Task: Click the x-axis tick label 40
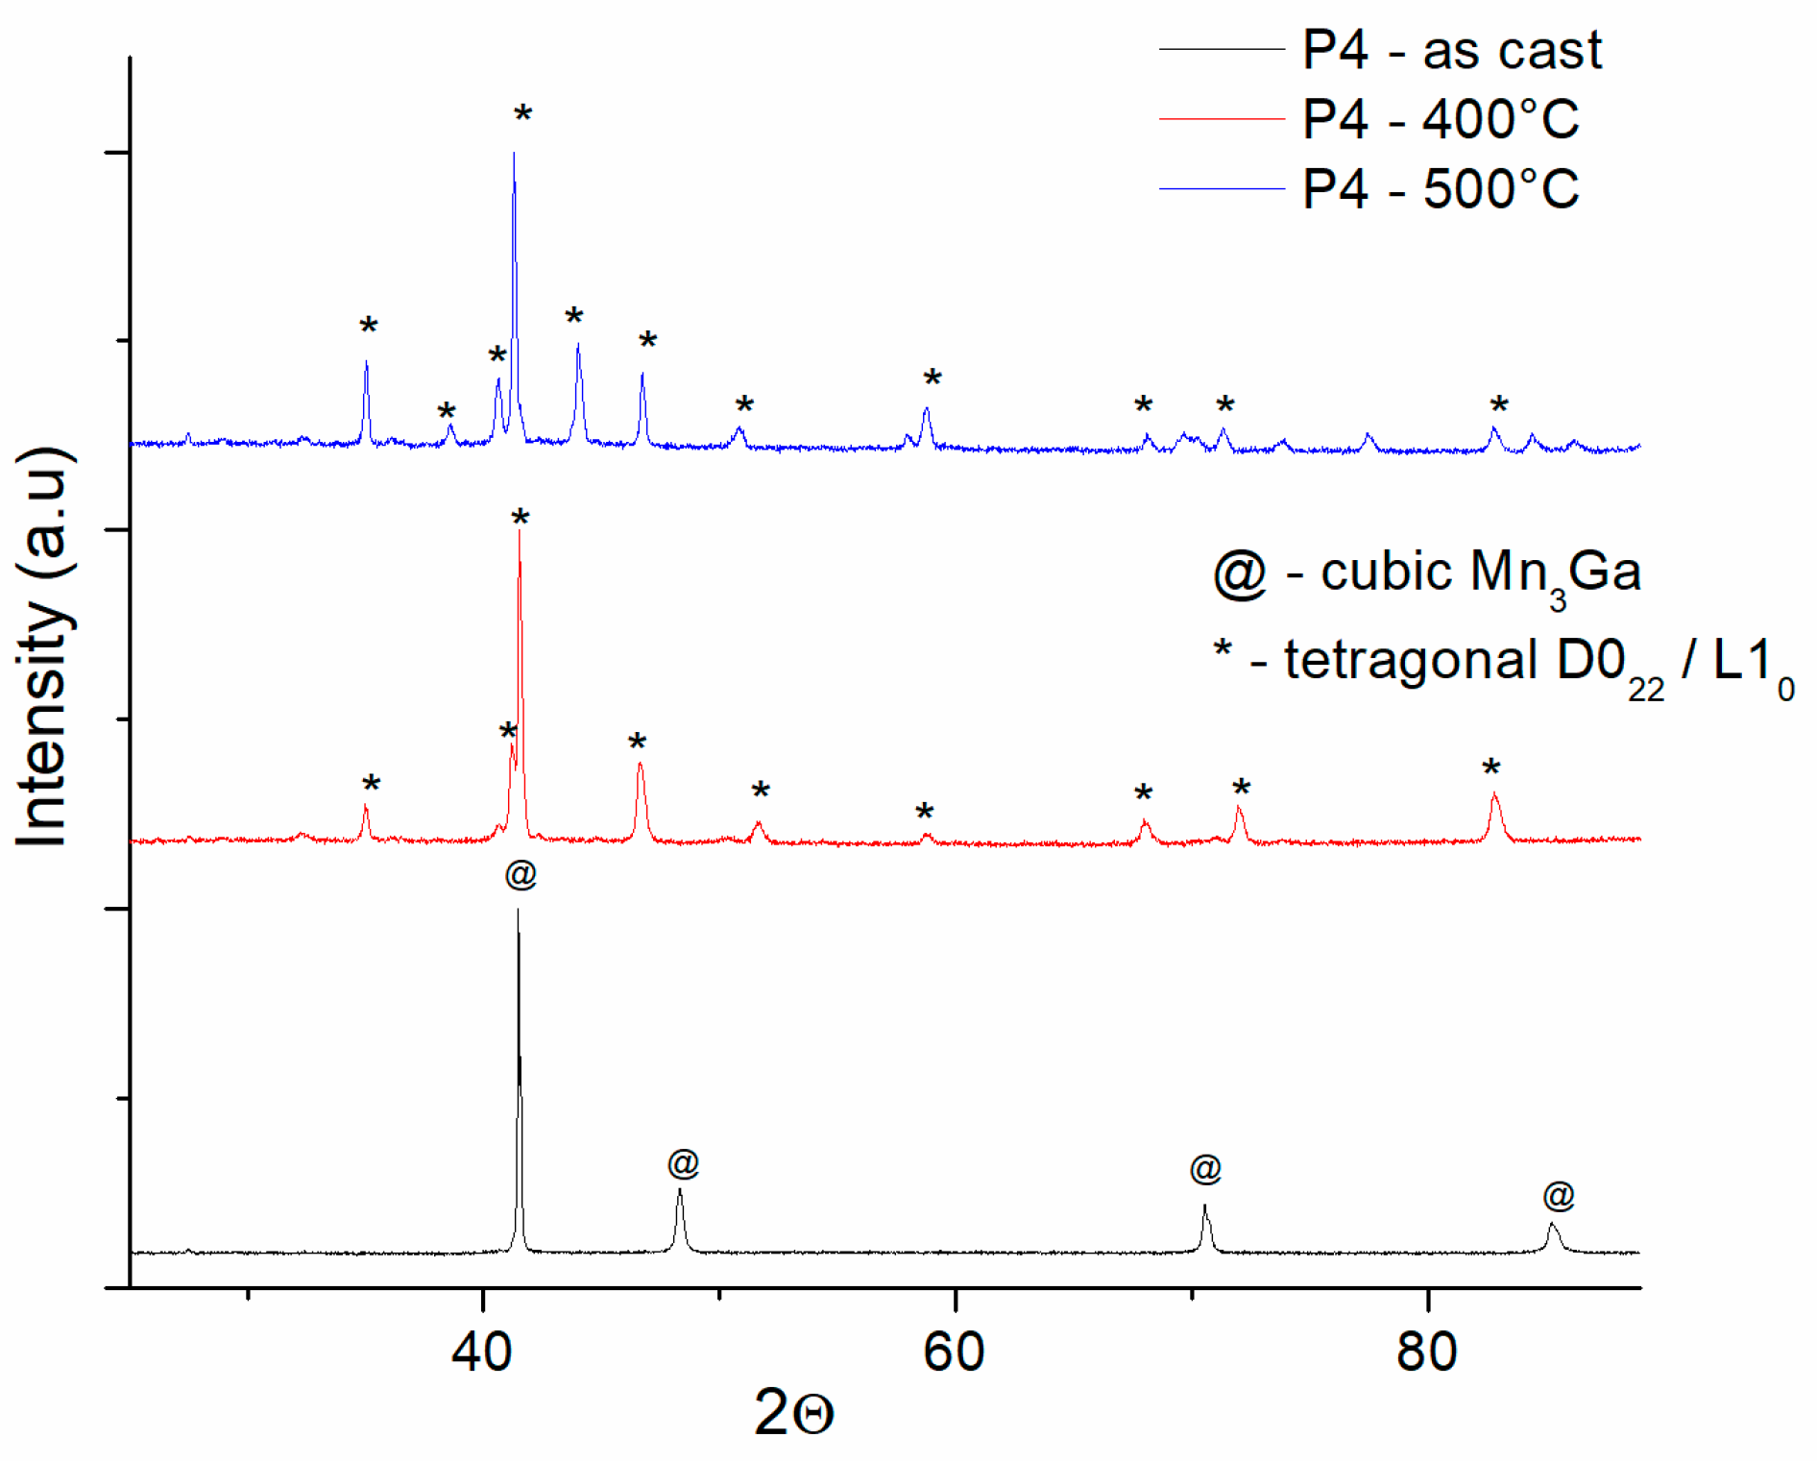(482, 1352)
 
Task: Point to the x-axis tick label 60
(954, 1352)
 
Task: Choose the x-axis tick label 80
(1427, 1352)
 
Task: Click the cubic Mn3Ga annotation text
(1428, 574)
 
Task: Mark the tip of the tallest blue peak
(514, 153)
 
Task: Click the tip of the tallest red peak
(520, 530)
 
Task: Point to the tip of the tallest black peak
(519, 909)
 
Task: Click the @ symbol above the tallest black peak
(521, 874)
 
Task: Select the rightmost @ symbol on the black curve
(1559, 1196)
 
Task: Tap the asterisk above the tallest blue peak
(522, 115)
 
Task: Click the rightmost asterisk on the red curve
(1490, 769)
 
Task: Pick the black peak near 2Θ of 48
(680, 1191)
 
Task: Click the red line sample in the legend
(1221, 119)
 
